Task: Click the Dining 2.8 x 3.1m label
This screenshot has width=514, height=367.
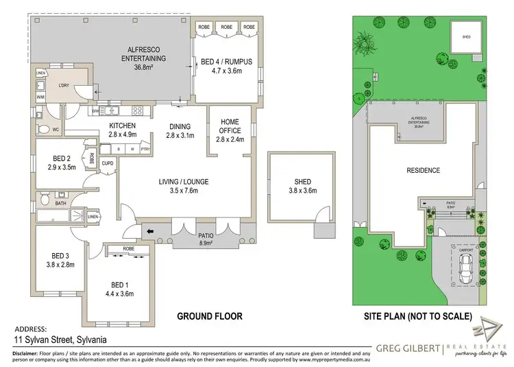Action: (x=181, y=130)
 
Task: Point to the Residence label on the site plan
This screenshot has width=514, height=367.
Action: (x=423, y=170)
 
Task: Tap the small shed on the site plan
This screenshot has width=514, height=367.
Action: (x=465, y=37)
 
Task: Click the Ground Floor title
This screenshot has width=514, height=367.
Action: (x=210, y=316)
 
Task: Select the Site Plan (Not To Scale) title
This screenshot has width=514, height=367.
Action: (x=418, y=316)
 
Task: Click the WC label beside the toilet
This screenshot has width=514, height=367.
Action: (x=57, y=128)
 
